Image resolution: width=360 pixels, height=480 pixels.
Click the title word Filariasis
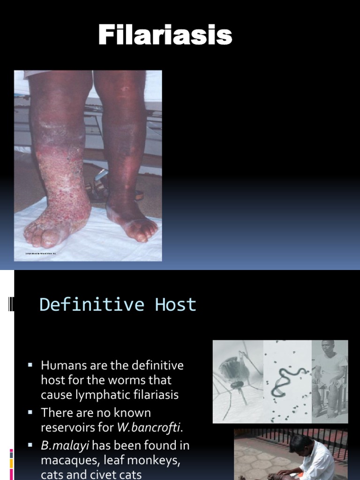pyautogui.click(x=165, y=36)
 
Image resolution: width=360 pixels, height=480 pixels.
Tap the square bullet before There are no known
pyautogui.click(x=30, y=412)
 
